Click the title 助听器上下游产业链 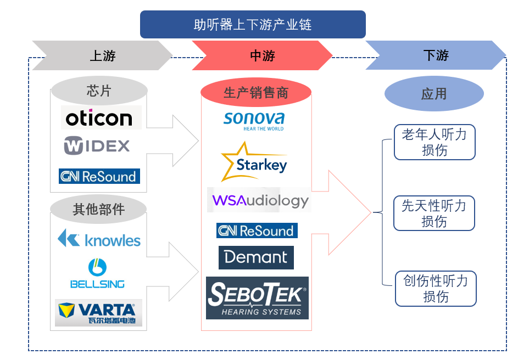253,25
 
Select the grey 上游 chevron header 103,55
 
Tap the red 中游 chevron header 262,55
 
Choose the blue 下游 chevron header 436,55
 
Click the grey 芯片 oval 99,91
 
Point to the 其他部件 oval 99,209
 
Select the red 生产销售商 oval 256,93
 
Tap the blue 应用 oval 434,94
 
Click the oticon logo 99,117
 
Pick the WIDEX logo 97,145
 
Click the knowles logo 99,239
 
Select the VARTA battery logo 99,313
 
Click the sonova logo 254,120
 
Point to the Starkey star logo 254,162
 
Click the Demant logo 256,257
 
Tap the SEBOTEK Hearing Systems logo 257,298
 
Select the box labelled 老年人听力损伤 435,142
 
